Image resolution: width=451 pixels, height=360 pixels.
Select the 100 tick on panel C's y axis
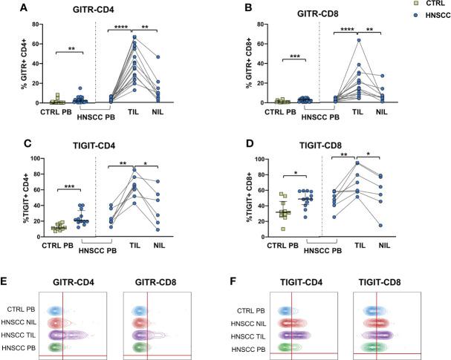[x=31, y=158]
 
